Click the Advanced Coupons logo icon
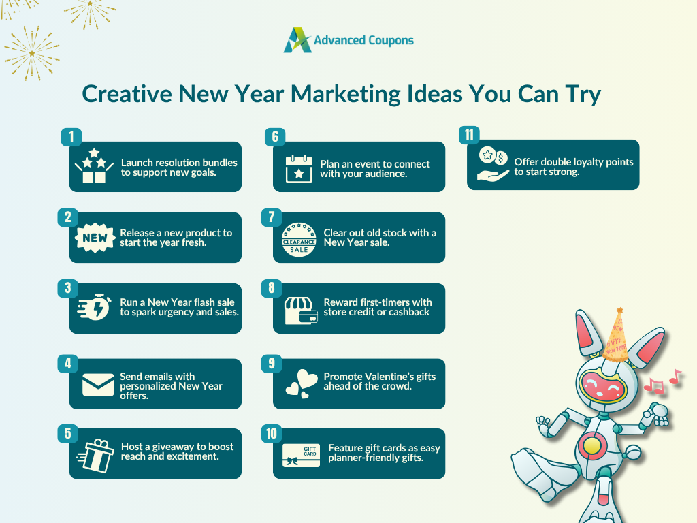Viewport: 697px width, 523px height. [297, 40]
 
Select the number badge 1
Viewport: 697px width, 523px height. [71, 137]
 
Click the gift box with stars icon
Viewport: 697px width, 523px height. [94, 166]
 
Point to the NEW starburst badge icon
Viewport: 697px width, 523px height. [95, 238]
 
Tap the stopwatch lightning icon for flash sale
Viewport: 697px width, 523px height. [94, 306]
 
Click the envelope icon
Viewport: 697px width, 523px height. [98, 385]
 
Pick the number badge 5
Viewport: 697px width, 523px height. [67, 433]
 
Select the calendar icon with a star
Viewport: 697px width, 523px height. [299, 170]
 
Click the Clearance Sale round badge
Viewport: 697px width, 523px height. [299, 240]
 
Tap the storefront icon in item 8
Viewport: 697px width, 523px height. [301, 311]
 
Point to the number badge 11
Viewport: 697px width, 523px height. [469, 135]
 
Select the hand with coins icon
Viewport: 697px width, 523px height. [493, 164]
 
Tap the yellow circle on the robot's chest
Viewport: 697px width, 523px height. [592, 445]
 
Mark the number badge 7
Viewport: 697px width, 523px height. [272, 217]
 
